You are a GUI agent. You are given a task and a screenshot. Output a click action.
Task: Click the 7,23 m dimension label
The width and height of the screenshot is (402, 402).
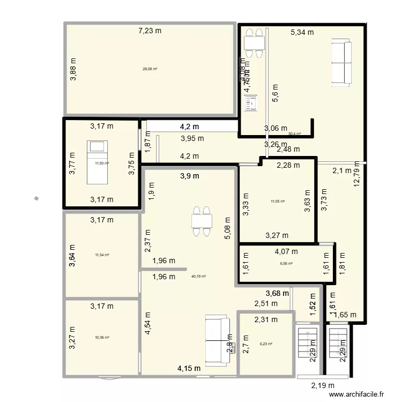150,31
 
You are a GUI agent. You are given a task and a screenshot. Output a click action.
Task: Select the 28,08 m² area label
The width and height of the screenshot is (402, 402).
150,69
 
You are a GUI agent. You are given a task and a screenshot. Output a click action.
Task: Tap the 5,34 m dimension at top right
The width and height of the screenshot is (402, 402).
302,32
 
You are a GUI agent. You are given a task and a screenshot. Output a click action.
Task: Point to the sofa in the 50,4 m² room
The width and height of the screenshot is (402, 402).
340,61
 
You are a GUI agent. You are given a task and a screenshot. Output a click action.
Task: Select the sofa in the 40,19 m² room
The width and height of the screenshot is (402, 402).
217,340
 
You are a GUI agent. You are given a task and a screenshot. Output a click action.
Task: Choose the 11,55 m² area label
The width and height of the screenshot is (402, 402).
277,202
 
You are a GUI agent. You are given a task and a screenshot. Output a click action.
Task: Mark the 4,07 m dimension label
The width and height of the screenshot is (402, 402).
286,251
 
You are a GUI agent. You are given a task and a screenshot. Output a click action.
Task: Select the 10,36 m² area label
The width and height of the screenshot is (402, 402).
102,338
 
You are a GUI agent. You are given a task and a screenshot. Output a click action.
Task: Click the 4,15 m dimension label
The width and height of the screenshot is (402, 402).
189,368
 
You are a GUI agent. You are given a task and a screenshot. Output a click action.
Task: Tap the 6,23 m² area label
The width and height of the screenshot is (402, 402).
266,344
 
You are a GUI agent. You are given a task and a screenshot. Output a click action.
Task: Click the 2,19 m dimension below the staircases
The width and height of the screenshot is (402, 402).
323,385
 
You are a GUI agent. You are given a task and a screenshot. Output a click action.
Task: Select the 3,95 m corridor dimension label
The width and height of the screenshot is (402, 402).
192,138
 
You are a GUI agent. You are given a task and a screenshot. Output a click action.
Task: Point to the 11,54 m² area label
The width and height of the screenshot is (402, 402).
102,255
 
